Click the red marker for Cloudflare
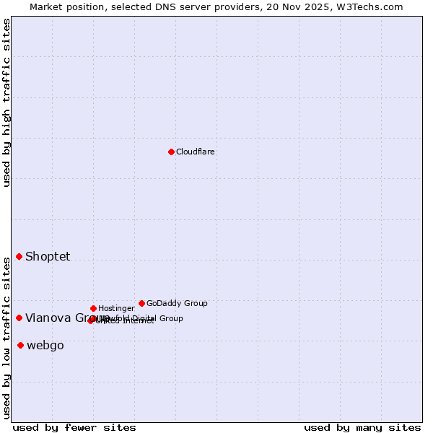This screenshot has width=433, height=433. pyautogui.click(x=171, y=152)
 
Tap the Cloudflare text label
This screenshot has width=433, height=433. pyautogui.click(x=196, y=152)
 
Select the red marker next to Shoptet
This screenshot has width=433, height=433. pyautogui.click(x=19, y=257)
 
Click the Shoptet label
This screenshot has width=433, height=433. pyautogui.click(x=48, y=257)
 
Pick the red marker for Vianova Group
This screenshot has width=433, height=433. pyautogui.click(x=19, y=318)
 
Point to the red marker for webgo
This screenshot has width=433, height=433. pyautogui.click(x=20, y=346)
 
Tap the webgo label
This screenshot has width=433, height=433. pyautogui.click(x=45, y=346)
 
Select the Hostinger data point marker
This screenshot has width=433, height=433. pyautogui.click(x=93, y=308)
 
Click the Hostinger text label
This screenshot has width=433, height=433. pyautogui.click(x=116, y=309)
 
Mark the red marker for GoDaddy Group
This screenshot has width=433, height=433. pyautogui.click(x=141, y=303)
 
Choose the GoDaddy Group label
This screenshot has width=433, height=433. pyautogui.click(x=177, y=304)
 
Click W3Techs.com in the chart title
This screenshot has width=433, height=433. pyautogui.click(x=368, y=6)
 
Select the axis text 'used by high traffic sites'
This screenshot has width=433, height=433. pyautogui.click(x=6, y=102)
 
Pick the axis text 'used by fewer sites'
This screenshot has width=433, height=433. pyautogui.click(x=74, y=428)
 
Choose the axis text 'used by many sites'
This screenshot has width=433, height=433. pyautogui.click(x=362, y=428)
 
